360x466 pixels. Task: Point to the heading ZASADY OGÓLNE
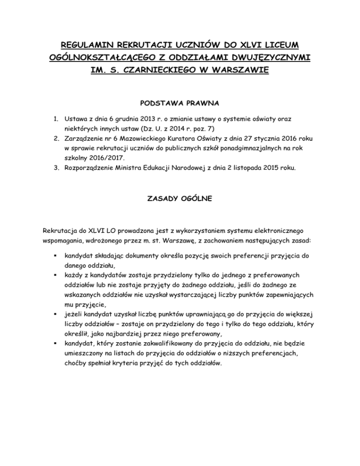click(x=180, y=199)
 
